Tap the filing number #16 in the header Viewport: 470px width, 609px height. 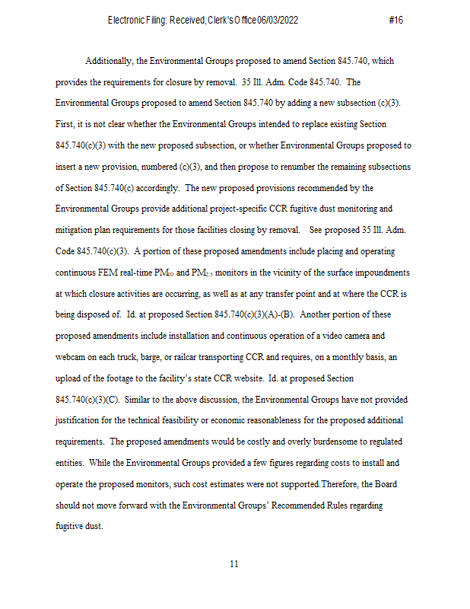pos(395,21)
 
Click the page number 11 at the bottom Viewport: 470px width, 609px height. pos(234,564)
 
